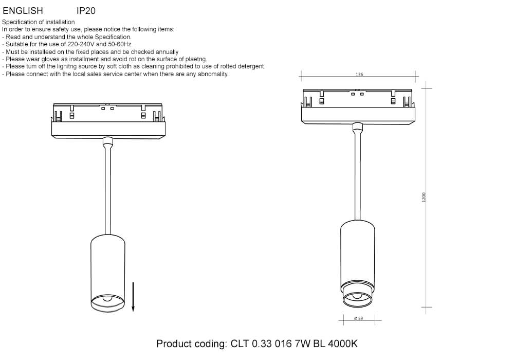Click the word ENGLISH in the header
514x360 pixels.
coord(23,11)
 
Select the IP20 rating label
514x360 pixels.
coord(86,11)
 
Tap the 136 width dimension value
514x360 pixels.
coord(359,75)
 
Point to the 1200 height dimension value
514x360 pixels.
coord(424,197)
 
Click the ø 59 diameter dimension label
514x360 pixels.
coord(359,318)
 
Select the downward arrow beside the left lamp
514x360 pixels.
coord(133,297)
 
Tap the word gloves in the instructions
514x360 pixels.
coord(50,59)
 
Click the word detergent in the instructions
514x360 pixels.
coord(251,66)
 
